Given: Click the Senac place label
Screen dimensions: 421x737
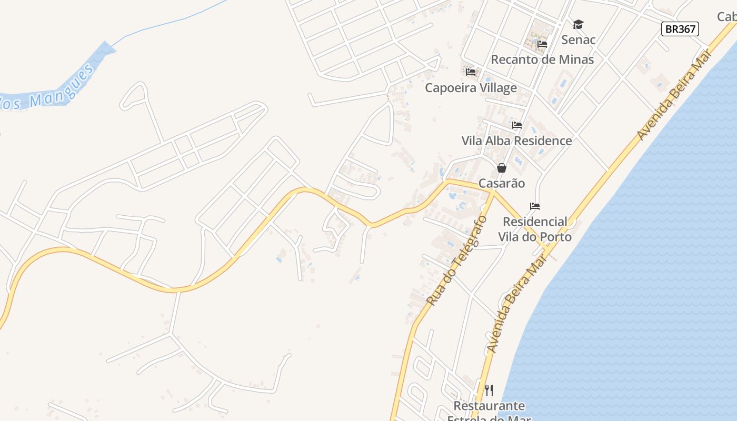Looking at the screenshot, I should pyautogui.click(x=578, y=40).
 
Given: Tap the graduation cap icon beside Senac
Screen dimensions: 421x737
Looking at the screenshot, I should pyautogui.click(x=578, y=24).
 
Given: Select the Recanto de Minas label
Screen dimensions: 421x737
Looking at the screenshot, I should pyautogui.click(x=542, y=59).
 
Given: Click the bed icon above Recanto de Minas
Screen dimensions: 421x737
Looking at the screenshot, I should pyautogui.click(x=542, y=44).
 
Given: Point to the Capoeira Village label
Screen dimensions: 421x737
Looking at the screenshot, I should pyautogui.click(x=471, y=88).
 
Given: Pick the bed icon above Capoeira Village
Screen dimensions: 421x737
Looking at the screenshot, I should pyautogui.click(x=471, y=72).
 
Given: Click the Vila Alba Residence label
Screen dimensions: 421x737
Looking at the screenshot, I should pyautogui.click(x=516, y=141).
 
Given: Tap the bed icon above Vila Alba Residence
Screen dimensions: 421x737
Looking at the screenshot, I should pyautogui.click(x=517, y=125).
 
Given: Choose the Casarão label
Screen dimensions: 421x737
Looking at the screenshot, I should pyautogui.click(x=501, y=184).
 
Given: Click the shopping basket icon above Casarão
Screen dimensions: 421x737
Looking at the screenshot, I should pyautogui.click(x=501, y=168).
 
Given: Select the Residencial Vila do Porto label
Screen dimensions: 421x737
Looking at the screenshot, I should pyautogui.click(x=535, y=229).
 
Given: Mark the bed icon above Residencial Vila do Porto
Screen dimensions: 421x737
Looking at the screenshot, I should pyautogui.click(x=535, y=206).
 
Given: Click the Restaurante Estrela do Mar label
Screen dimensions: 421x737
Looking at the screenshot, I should pyautogui.click(x=489, y=411).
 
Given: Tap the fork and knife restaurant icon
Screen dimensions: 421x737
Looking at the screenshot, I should pyautogui.click(x=489, y=390).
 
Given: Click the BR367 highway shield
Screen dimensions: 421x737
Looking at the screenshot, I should pyautogui.click(x=680, y=29).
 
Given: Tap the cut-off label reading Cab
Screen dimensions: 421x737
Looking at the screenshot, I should pyautogui.click(x=727, y=17).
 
